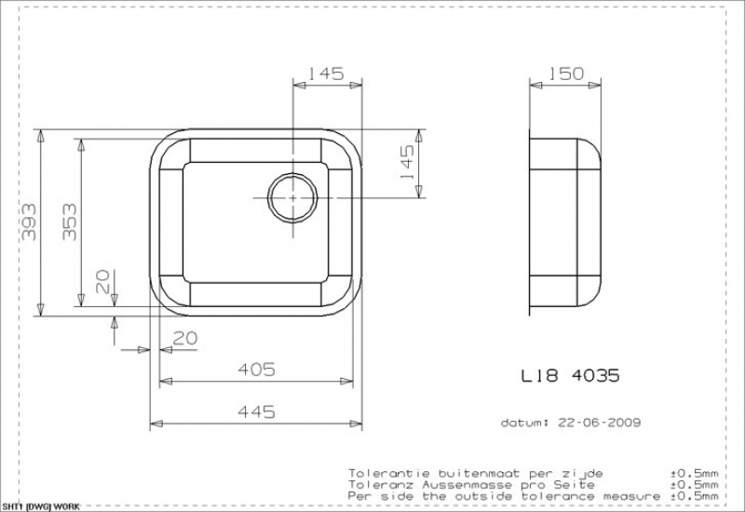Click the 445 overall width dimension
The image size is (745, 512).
pyautogui.click(x=256, y=411)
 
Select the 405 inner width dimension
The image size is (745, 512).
pyautogui.click(x=256, y=370)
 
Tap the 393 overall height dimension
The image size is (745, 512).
pyautogui.click(x=29, y=222)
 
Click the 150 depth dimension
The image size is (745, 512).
pyautogui.click(x=566, y=74)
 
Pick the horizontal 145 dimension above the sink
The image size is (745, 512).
pyautogui.click(x=326, y=74)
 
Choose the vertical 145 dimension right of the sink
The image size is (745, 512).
pyautogui.click(x=407, y=162)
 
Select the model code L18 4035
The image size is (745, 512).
pyautogui.click(x=571, y=376)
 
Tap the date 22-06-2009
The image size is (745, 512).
pyautogui.click(x=600, y=423)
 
